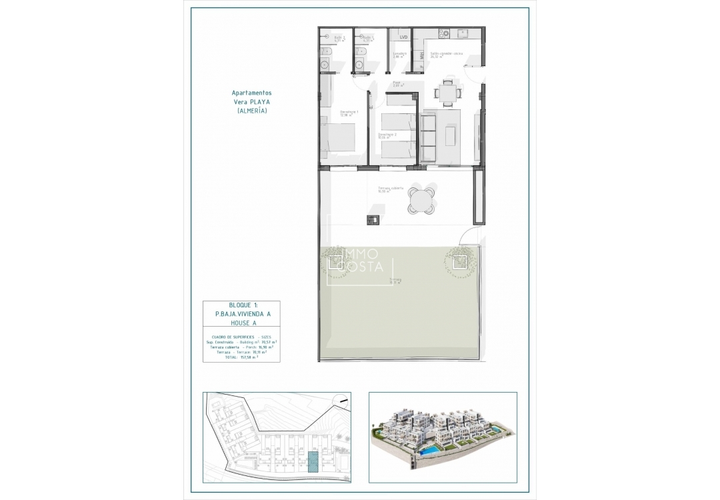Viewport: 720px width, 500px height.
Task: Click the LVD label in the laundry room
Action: point(403,38)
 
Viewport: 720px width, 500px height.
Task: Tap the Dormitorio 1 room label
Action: point(349,112)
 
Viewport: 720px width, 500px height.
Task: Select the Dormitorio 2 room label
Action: point(387,135)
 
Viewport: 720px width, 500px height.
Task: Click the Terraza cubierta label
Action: point(391,189)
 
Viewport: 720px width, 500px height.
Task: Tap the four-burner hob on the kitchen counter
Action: point(441,32)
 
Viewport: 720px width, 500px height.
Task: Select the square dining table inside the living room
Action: point(447,92)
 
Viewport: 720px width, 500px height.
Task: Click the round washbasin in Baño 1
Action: point(359,65)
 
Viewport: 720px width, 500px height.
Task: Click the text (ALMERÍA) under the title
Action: point(252,111)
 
